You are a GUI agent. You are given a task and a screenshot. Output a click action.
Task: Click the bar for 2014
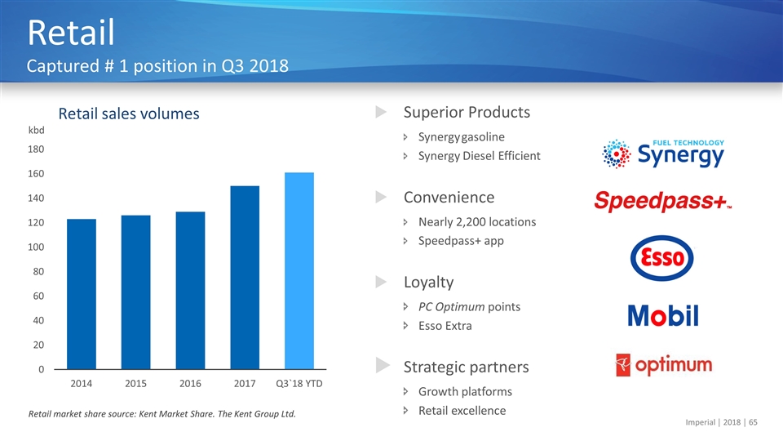(82, 294)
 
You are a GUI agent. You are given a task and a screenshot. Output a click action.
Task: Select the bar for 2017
(245, 278)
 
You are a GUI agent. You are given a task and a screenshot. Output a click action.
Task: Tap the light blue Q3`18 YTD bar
(299, 270)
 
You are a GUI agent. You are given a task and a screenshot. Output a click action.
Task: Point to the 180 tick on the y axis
(38, 149)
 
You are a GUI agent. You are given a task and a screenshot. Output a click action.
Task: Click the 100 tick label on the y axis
(38, 247)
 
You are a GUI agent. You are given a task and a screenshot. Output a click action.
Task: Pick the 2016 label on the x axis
(190, 383)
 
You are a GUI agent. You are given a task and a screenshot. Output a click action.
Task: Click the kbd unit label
(37, 130)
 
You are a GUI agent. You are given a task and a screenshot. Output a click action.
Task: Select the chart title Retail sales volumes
(128, 114)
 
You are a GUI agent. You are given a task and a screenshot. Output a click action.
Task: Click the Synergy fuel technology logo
(662, 153)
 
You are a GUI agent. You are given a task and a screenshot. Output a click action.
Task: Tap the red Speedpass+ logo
(662, 202)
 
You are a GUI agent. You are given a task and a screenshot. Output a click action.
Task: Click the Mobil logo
(662, 315)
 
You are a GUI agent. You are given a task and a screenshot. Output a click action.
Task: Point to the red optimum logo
(663, 364)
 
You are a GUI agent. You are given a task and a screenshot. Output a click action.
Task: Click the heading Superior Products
(467, 112)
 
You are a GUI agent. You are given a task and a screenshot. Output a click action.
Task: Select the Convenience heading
(449, 197)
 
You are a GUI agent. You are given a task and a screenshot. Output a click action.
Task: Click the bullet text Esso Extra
(445, 326)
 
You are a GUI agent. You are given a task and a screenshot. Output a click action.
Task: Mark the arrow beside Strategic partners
(381, 367)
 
